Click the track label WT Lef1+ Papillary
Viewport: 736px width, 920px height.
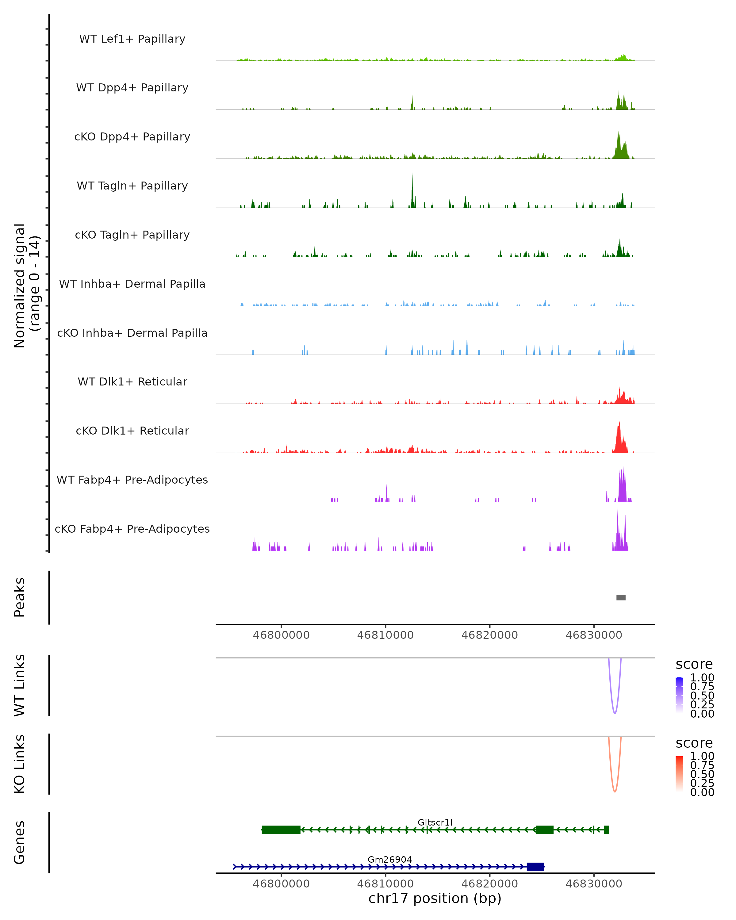[x=132, y=39]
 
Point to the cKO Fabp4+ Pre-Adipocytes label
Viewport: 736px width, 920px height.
[x=132, y=529]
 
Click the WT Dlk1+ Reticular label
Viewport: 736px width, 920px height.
[x=132, y=381]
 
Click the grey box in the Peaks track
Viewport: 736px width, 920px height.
[x=621, y=597]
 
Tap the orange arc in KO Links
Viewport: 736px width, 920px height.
[x=614, y=791]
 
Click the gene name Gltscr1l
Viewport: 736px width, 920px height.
[x=435, y=822]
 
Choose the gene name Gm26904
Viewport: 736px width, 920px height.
[x=389, y=859]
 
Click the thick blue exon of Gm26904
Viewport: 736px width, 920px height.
[x=535, y=867]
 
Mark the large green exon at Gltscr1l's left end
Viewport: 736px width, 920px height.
[x=281, y=830]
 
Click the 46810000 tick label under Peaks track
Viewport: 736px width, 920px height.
[x=385, y=635]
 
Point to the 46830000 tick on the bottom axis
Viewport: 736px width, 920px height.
[x=593, y=883]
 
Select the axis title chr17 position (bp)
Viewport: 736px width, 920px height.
[x=435, y=899]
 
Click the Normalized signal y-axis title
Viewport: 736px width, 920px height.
[x=26, y=286]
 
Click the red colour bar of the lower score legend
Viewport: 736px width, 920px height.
[x=679, y=774]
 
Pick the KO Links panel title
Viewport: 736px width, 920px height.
[x=20, y=764]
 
